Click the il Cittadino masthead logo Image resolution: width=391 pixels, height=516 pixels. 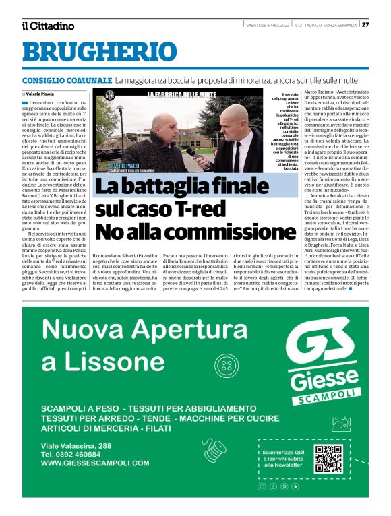[x=47, y=26]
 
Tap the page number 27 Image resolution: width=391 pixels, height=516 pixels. [x=365, y=25]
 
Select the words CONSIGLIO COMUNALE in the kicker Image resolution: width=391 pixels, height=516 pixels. [x=66, y=80]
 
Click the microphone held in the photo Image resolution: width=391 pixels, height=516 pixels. [x=191, y=152]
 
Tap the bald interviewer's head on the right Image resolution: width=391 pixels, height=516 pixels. [x=239, y=119]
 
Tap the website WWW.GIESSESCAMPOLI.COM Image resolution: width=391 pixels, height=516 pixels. [x=95, y=463]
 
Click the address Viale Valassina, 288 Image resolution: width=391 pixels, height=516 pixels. [x=76, y=445]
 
